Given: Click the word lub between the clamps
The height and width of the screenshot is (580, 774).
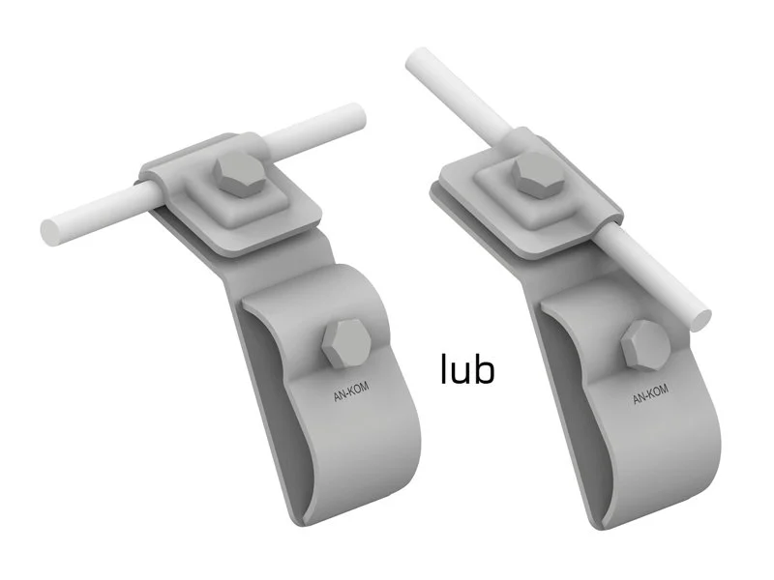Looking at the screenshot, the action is click(467, 368).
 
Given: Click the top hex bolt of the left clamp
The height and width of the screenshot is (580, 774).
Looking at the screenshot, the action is click(240, 174).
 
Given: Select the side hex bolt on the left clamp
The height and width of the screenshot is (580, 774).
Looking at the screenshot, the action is click(346, 344).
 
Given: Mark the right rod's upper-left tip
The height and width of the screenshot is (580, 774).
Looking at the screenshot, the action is click(417, 59).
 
